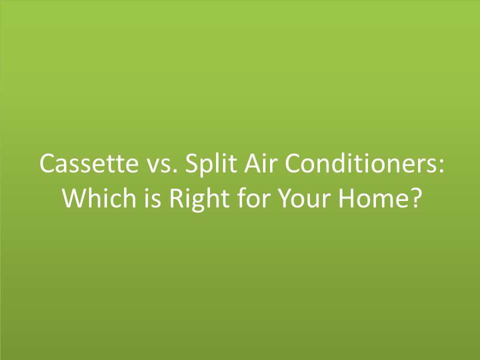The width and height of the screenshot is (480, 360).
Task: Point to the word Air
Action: [x=254, y=163]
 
